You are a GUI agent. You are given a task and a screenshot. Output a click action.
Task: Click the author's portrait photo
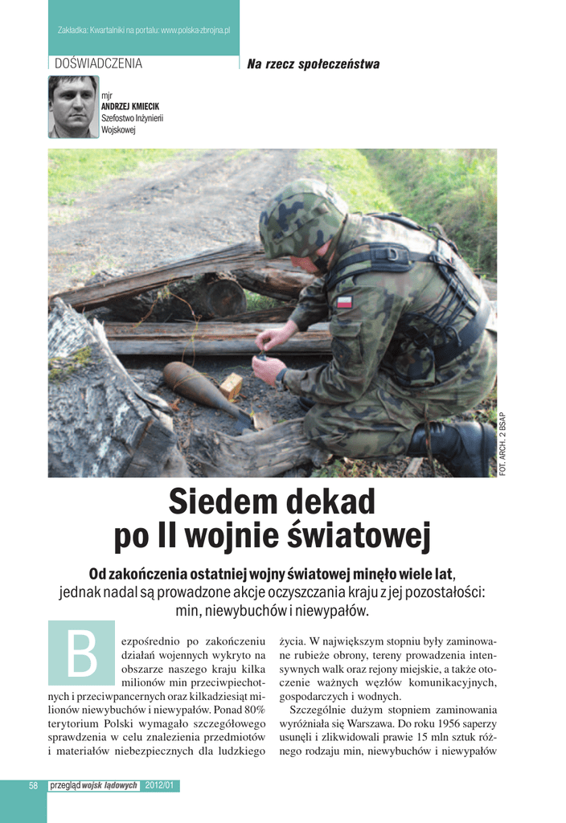coord(73,106)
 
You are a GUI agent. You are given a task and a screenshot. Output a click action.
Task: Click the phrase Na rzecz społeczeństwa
coord(314,64)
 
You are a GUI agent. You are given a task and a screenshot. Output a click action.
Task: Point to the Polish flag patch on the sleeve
coord(344,302)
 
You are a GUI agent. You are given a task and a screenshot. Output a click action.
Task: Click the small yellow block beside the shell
coord(231,387)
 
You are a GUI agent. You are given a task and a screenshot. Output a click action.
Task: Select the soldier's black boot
coord(451,446)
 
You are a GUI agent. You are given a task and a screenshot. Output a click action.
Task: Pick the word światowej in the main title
coord(362,538)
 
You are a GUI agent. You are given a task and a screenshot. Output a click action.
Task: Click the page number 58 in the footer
coord(34,785)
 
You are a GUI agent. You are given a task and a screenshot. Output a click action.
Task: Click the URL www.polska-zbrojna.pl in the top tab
coord(195,30)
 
